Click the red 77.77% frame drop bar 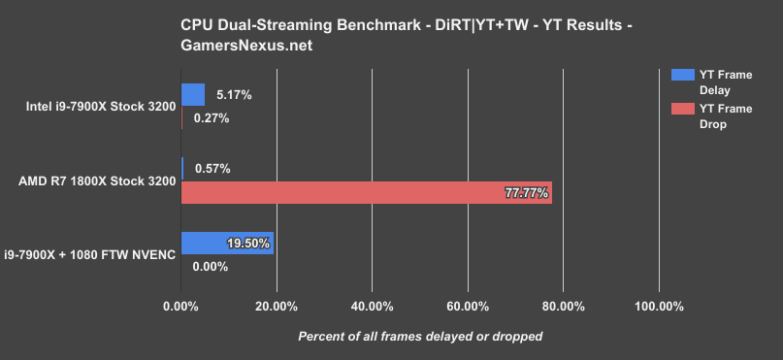pos(366,192)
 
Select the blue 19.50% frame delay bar pos(227,243)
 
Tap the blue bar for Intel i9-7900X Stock pos(192,94)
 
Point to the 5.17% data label pos(234,95)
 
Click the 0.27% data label pos(212,118)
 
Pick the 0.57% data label pos(212,169)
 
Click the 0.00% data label pos(211,266)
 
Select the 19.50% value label pos(247,244)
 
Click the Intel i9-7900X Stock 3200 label pos(94,107)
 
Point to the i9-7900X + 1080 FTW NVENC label pos(90,254)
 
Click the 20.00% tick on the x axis pos(276,307)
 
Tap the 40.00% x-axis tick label pos(372,307)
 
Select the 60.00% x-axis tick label pos(467,307)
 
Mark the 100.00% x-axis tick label pos(659,307)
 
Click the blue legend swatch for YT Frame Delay pos(678,74)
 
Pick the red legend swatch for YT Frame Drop pos(678,109)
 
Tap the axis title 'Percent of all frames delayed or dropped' pos(419,336)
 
